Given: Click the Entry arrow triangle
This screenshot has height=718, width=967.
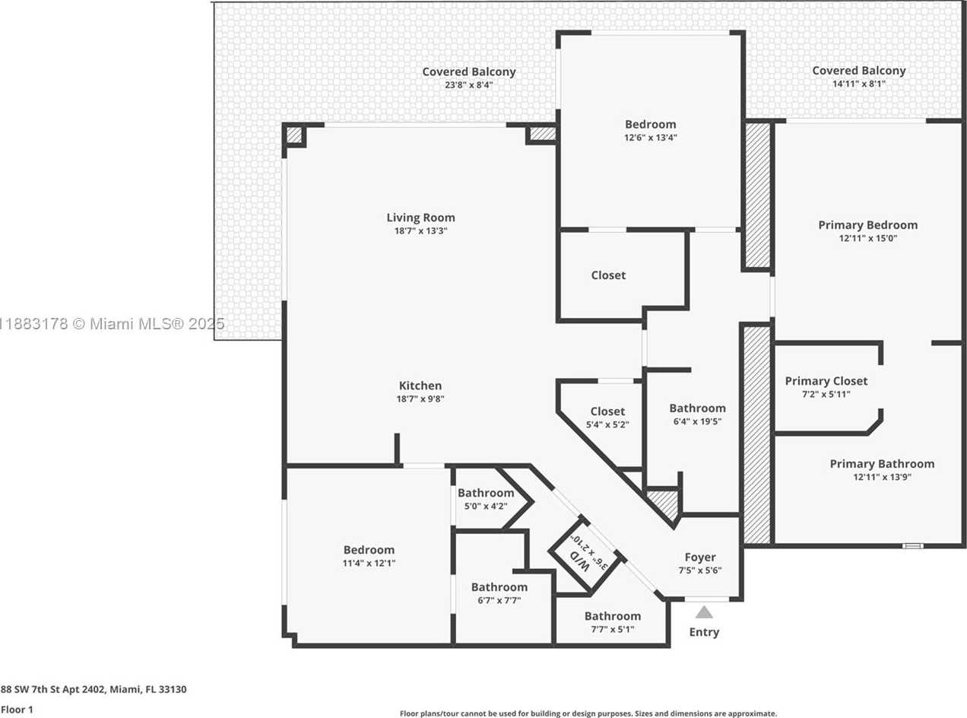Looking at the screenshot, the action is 704,613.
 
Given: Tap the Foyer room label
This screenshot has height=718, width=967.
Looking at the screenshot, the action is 699,557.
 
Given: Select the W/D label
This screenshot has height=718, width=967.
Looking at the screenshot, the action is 580,562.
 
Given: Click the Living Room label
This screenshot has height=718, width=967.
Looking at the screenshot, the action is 420,218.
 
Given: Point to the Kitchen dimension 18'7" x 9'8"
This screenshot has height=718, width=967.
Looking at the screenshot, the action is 420,399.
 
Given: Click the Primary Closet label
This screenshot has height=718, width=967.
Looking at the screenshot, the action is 826,381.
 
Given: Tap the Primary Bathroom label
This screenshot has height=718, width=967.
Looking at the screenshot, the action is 882,464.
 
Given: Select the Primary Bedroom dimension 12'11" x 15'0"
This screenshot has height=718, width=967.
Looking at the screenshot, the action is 868,238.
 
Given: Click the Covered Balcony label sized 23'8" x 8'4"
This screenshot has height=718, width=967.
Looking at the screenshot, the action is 469,71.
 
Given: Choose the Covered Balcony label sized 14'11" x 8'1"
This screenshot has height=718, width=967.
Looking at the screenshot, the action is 859,70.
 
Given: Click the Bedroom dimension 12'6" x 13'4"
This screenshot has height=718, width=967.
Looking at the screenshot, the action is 651,138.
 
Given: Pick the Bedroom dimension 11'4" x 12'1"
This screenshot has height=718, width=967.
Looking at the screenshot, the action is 369,563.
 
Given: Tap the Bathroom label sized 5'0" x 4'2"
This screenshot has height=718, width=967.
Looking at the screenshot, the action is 486,493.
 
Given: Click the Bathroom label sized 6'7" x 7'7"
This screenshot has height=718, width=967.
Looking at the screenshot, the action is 499,587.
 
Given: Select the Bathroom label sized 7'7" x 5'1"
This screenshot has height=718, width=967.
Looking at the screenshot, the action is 613,616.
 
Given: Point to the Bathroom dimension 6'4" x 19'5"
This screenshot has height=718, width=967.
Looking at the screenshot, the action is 698,421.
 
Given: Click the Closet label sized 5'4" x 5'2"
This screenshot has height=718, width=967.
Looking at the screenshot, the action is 607,411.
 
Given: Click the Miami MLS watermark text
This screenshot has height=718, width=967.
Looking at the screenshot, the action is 112,324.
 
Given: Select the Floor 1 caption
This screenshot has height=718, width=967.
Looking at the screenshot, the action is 17,710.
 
